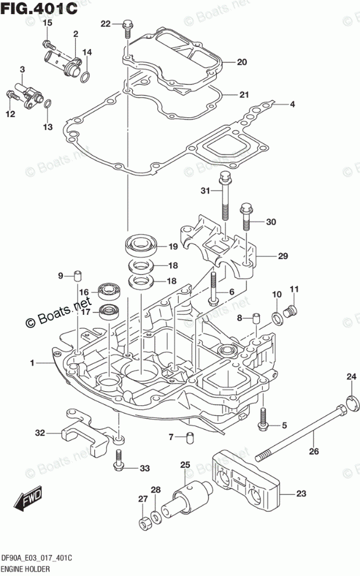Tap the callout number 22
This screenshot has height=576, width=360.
pos(105,24)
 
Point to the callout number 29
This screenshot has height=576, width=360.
pos(283,256)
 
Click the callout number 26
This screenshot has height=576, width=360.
pos(314,451)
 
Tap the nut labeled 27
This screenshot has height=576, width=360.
pos(143,522)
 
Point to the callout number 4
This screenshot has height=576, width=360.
pos(293,105)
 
